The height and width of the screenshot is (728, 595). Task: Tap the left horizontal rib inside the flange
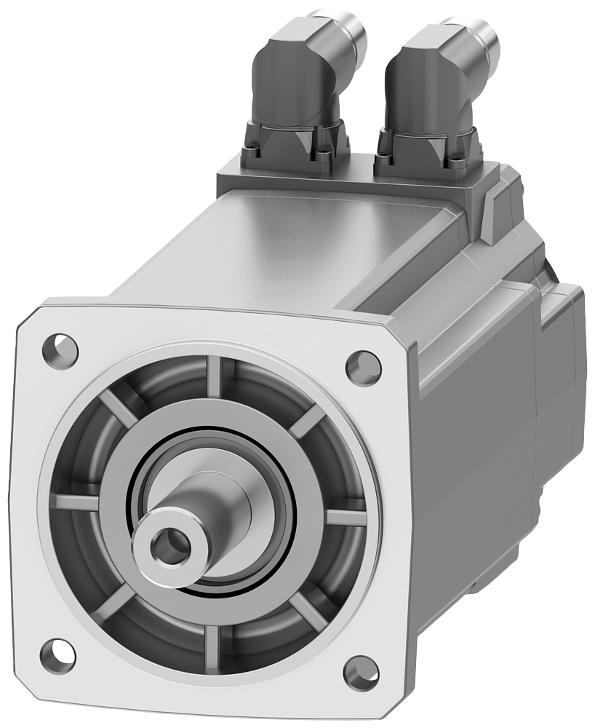pyautogui.click(x=76, y=501)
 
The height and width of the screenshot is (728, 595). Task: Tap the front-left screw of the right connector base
pyautogui.click(x=381, y=152)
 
